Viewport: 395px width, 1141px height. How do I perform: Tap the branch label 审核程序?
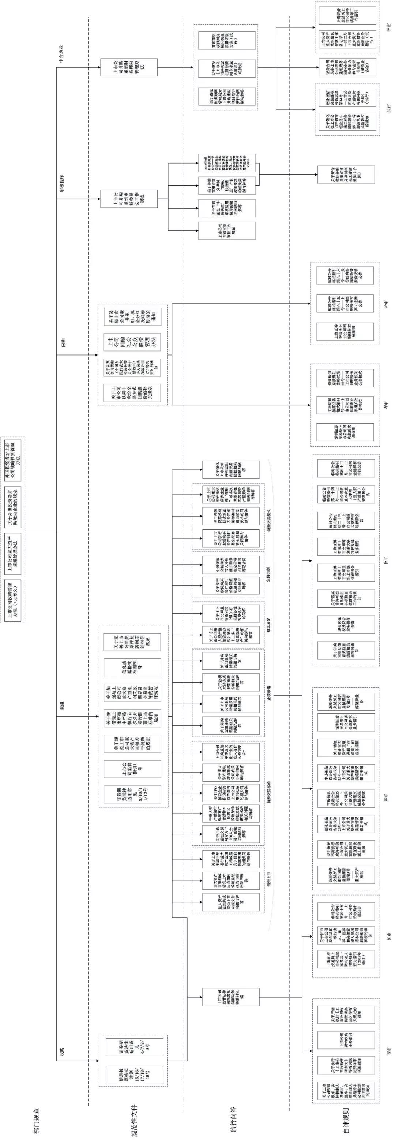click(62, 183)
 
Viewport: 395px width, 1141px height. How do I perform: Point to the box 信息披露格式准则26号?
click(133, 666)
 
